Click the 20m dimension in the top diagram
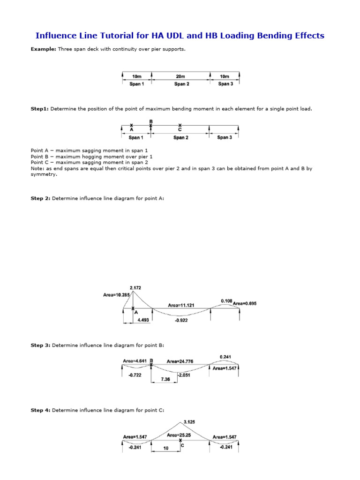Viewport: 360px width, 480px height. (x=181, y=76)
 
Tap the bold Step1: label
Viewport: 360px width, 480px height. (x=39, y=109)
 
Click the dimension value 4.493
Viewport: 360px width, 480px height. (x=142, y=320)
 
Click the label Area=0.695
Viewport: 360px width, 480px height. (x=245, y=303)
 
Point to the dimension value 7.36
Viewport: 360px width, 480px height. (x=164, y=380)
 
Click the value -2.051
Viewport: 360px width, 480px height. (x=184, y=375)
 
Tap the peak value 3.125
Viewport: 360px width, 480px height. (x=189, y=421)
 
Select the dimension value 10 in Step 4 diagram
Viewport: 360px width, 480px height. (x=165, y=448)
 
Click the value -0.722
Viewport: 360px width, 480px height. (x=135, y=375)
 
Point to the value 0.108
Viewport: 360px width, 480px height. (x=226, y=300)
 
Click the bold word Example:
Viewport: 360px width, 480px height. (x=43, y=49)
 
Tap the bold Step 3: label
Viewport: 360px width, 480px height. (x=40, y=345)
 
